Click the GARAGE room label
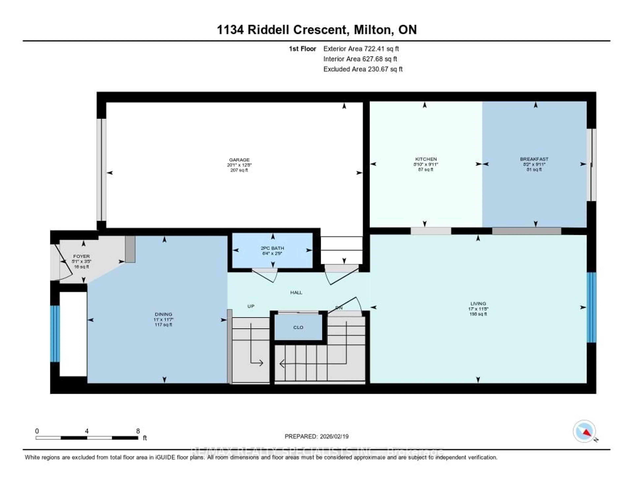tap(239, 160)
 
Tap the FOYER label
tap(81, 256)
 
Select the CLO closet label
tap(298, 327)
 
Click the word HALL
tap(296, 292)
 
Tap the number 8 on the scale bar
tap(138, 431)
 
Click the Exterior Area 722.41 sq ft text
tap(361, 49)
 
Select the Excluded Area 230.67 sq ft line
tap(363, 69)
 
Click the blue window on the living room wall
tap(592, 307)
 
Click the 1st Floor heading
tap(302, 49)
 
